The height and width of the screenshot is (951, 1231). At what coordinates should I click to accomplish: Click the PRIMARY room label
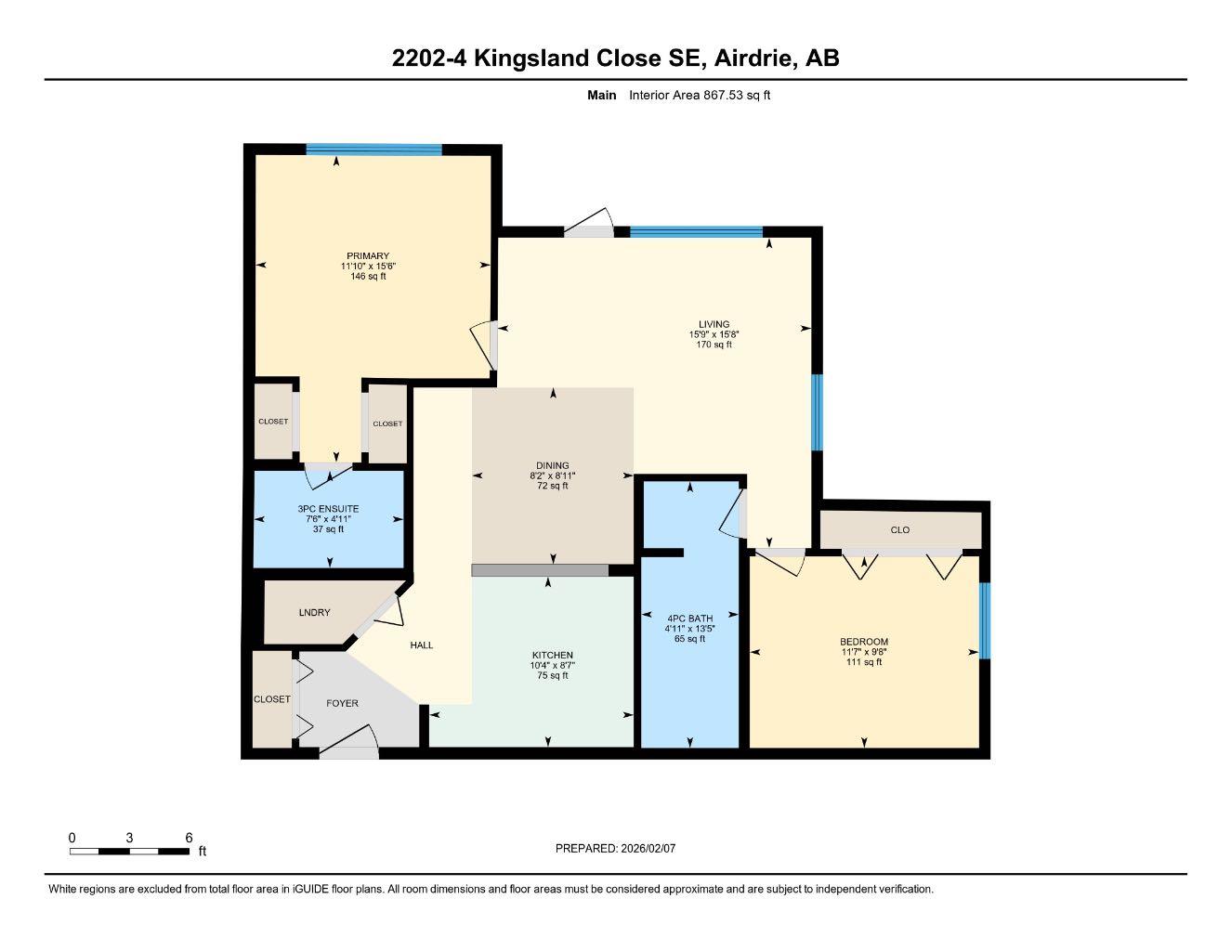tap(368, 256)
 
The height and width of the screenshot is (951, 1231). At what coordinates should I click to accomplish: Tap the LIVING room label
tap(714, 324)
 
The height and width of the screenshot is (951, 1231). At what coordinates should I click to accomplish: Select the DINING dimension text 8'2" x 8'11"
tap(552, 475)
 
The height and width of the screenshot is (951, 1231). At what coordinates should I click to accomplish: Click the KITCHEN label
tap(552, 655)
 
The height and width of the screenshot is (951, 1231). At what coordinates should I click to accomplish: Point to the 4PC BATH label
tap(689, 619)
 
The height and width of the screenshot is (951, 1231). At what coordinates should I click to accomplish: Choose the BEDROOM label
tap(864, 642)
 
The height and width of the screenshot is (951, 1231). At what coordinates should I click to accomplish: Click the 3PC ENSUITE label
tap(328, 509)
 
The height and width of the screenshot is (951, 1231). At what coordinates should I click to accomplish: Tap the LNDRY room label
tap(314, 613)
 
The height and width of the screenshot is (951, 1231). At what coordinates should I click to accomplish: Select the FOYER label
tap(342, 703)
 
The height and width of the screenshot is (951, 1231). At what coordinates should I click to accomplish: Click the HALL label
tap(422, 645)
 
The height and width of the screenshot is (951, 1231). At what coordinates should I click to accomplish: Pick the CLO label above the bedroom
tap(899, 530)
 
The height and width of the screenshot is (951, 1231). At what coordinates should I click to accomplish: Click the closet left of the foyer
tap(272, 699)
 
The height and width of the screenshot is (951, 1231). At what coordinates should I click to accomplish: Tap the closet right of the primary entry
tap(387, 423)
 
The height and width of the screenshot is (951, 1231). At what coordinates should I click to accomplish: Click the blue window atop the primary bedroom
tap(373, 150)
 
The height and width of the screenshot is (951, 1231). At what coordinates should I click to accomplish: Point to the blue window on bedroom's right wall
tap(985, 620)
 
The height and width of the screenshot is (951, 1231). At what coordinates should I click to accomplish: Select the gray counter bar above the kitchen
tap(540, 570)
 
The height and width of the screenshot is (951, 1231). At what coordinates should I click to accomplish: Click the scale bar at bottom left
tap(130, 851)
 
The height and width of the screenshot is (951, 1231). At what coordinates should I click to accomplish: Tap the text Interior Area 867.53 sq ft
tap(700, 95)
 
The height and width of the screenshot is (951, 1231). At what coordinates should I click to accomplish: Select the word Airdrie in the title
tap(753, 58)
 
